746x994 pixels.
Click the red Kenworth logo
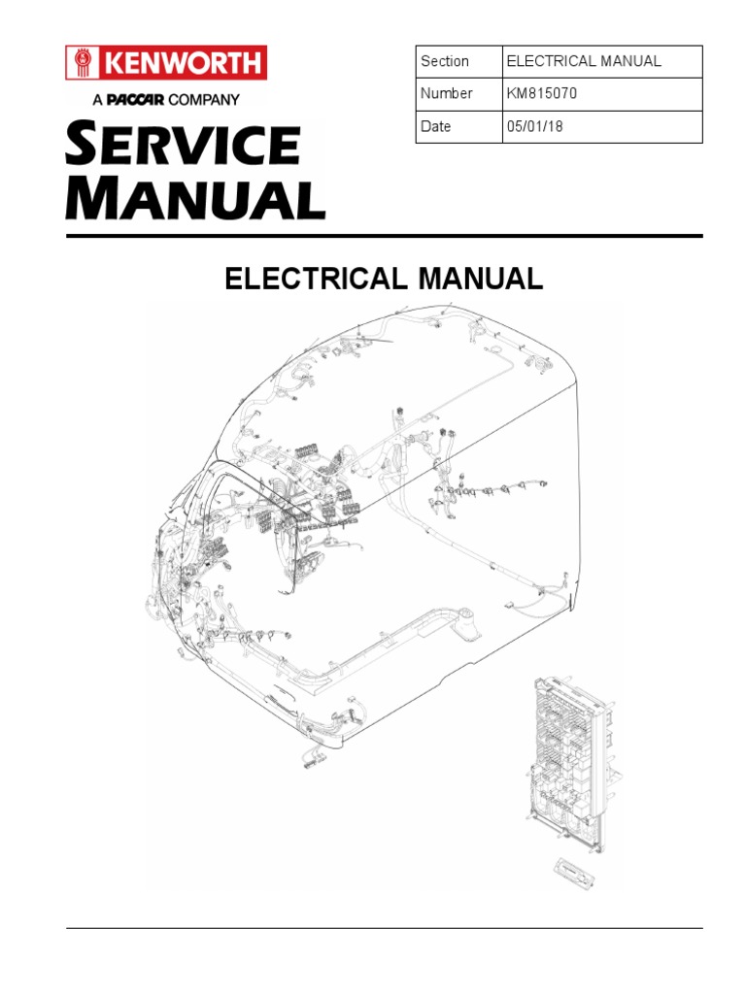coord(166,63)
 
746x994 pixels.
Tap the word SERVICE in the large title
coord(183,146)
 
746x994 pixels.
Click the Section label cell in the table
coord(458,61)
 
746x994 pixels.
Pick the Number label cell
coord(458,94)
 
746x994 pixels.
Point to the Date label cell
coord(458,126)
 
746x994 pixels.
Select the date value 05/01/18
coord(533,126)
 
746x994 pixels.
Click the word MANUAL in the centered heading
coord(480,280)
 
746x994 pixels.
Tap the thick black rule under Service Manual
coord(384,236)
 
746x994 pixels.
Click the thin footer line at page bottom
coord(384,929)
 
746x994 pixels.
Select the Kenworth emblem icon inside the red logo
coord(83,63)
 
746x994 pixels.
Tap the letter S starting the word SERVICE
coord(81,146)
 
